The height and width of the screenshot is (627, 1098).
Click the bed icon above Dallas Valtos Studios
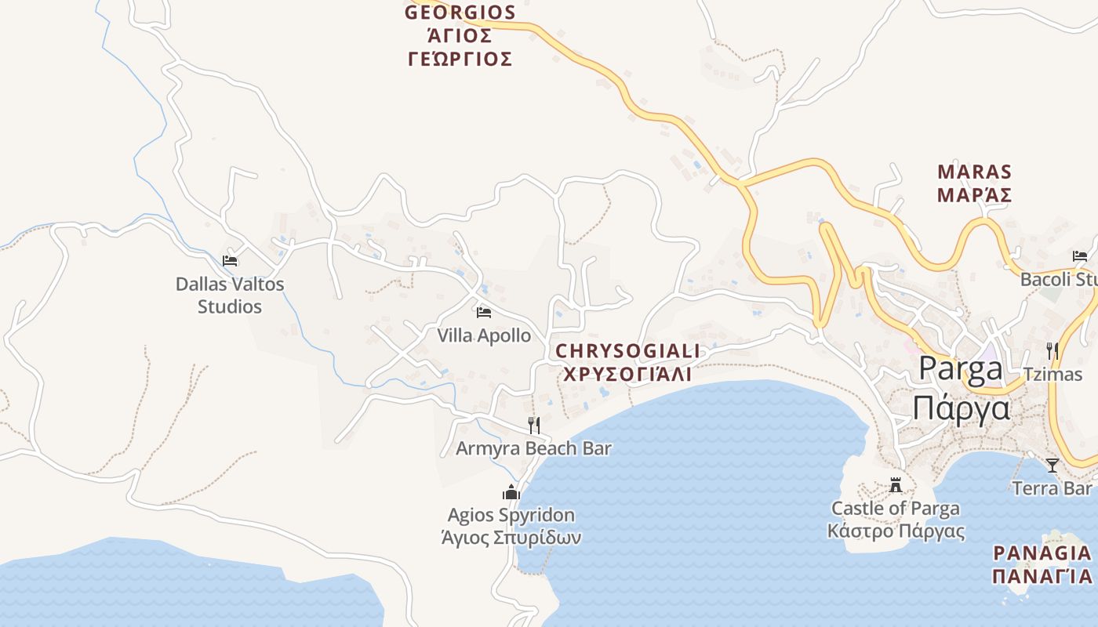(x=230, y=260)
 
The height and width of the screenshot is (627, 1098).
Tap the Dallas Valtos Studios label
(x=230, y=295)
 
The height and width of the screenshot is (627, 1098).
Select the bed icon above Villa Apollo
(x=484, y=312)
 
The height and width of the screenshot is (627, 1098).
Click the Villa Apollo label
(x=484, y=335)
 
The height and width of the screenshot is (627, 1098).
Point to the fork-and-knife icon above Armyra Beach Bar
(x=534, y=425)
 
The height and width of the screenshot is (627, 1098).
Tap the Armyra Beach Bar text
(x=533, y=448)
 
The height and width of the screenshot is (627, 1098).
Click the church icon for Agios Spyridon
(x=511, y=492)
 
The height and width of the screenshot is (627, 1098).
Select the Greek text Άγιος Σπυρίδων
(x=511, y=538)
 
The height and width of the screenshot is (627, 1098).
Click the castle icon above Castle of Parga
(x=896, y=485)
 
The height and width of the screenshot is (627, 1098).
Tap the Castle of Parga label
(x=896, y=508)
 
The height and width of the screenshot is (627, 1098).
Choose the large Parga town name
(x=962, y=368)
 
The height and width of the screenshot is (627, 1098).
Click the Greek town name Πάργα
(x=962, y=408)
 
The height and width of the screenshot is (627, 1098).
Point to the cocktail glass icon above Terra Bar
(x=1053, y=466)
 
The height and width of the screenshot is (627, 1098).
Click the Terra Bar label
(x=1053, y=488)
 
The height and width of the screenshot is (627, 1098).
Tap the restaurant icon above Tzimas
(x=1053, y=350)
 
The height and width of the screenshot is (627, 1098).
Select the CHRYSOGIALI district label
(x=628, y=350)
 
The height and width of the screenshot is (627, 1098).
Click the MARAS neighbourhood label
(x=975, y=172)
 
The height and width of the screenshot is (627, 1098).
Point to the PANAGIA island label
(x=1042, y=553)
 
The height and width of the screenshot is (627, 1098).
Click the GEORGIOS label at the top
(x=460, y=13)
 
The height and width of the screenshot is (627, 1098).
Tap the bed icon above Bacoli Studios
(x=1080, y=256)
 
